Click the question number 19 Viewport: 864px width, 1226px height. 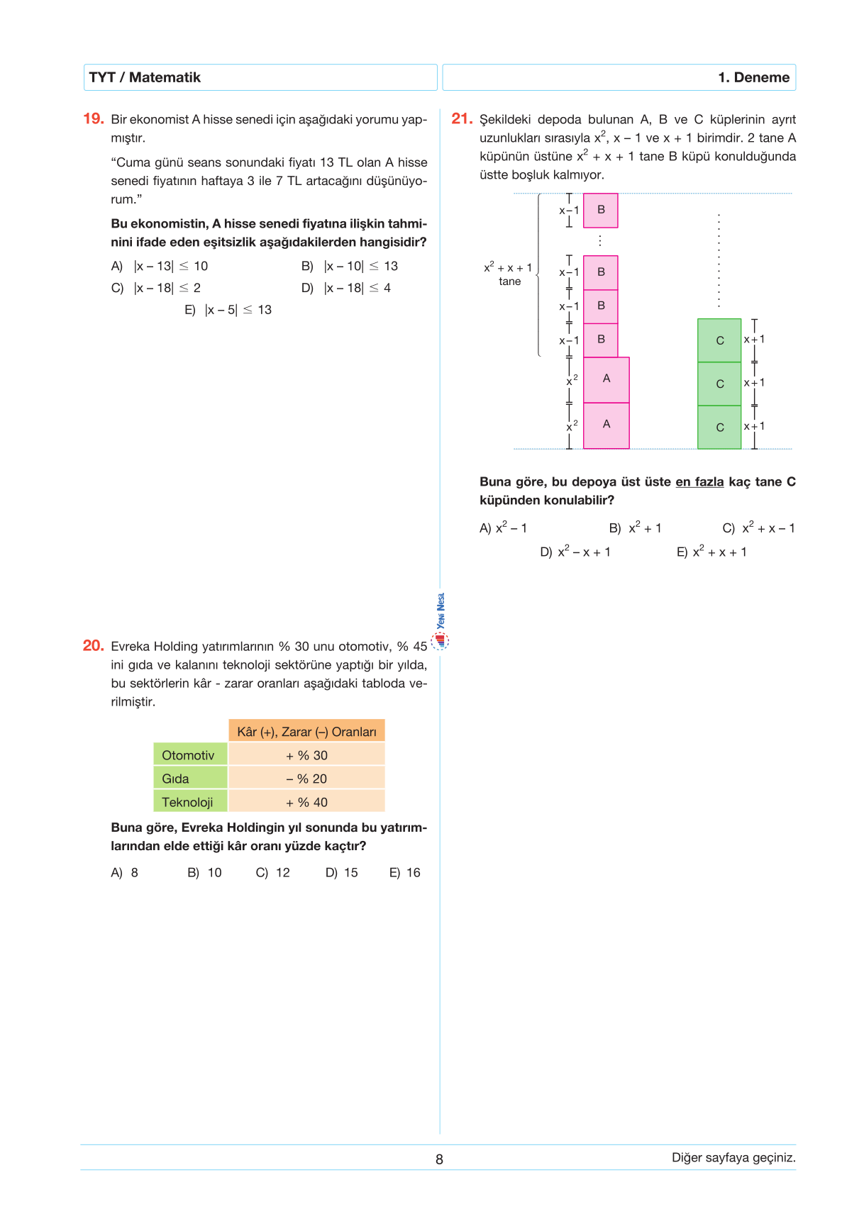94,119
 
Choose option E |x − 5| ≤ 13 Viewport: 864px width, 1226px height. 228,310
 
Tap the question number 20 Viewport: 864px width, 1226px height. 93,646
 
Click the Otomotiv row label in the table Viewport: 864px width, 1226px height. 189,755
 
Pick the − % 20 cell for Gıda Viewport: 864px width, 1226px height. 306,779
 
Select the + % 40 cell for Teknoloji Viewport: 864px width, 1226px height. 306,802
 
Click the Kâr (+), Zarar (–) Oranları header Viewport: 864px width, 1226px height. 306,732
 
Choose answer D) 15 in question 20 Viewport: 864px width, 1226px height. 342,873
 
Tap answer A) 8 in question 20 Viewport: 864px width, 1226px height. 125,873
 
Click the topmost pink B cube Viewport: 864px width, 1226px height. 601,210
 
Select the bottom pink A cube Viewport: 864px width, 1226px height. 607,425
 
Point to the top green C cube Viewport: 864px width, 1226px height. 719,340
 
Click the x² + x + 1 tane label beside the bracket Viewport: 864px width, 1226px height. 509,274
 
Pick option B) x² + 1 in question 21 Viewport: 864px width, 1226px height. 636,528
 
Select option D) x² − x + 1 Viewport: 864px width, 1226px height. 575,552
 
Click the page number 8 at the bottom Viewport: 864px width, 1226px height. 439,1159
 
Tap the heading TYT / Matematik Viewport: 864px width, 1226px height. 145,77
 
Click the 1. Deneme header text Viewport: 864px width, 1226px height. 753,77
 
